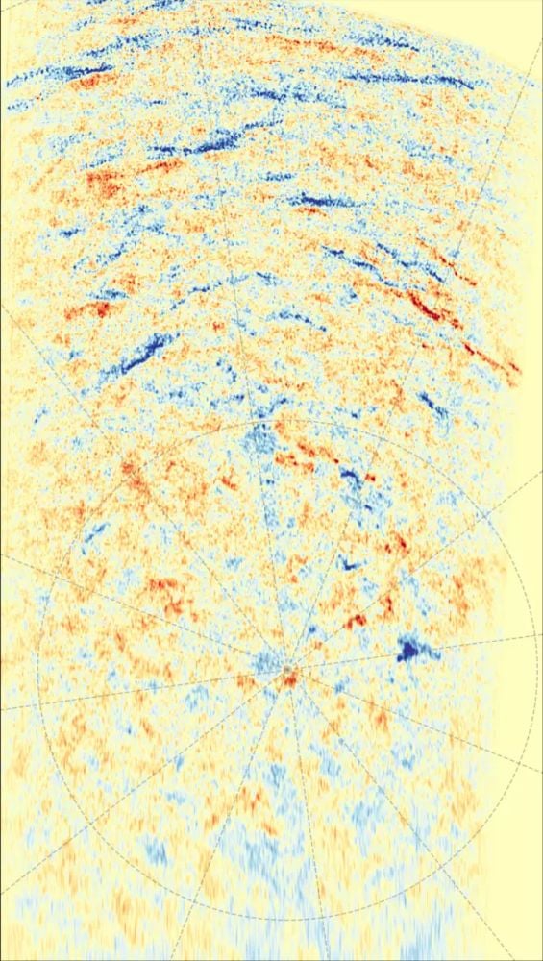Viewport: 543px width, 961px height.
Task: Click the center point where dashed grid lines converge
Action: [286, 669]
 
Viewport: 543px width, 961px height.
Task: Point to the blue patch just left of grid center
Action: [261, 661]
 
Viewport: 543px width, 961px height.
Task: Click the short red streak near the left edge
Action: [91, 310]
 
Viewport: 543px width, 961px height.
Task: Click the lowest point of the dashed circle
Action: [286, 919]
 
